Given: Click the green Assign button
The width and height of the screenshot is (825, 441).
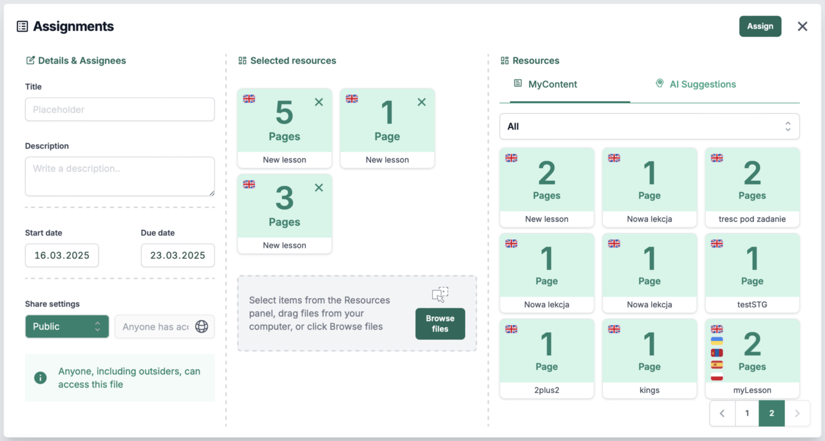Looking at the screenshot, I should [x=760, y=26].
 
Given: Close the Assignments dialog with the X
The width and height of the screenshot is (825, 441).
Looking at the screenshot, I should [x=802, y=26].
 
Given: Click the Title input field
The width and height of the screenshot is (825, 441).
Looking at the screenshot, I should [x=120, y=109].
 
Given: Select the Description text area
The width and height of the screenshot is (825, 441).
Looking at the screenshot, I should [x=120, y=176].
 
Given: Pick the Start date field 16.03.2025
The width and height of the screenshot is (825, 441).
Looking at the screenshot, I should [x=62, y=255].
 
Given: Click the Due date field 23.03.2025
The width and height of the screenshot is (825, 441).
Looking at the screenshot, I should [x=178, y=255].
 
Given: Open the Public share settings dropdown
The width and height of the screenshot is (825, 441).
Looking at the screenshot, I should [x=67, y=326].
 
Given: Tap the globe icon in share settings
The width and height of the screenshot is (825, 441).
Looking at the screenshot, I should [x=201, y=326].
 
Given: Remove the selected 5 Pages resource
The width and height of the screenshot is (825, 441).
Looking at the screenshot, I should [x=319, y=102].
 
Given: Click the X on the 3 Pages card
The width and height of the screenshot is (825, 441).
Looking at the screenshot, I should [x=319, y=188].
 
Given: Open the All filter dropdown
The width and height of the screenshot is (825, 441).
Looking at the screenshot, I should [x=649, y=127].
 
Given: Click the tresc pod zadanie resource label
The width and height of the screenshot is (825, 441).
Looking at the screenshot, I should [x=752, y=219].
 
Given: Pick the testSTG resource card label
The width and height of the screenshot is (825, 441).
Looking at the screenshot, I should [x=752, y=304].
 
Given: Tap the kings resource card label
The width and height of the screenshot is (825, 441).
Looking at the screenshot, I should [x=649, y=390].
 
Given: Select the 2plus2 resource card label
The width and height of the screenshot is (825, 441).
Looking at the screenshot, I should [x=547, y=390].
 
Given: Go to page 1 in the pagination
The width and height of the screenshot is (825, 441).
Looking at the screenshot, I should [x=747, y=413].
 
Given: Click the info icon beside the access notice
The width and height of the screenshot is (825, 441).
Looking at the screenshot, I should [x=40, y=378].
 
